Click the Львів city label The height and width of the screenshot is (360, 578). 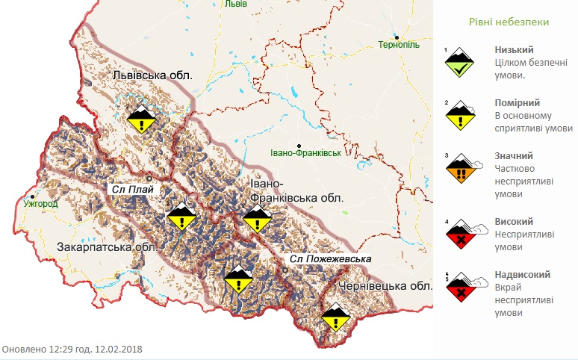tap(235, 4)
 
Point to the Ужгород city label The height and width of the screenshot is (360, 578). tap(40, 203)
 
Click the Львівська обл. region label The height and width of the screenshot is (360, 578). tap(152, 75)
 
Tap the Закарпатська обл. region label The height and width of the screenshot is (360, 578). tap(105, 247)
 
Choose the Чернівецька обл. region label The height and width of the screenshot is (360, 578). tap(385, 286)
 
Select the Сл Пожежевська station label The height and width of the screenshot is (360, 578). tap(332, 259)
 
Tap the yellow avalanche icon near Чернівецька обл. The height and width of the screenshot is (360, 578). tap(335, 318)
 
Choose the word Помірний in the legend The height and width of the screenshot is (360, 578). tap(514, 103)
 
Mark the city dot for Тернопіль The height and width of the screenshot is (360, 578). tap(398, 37)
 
